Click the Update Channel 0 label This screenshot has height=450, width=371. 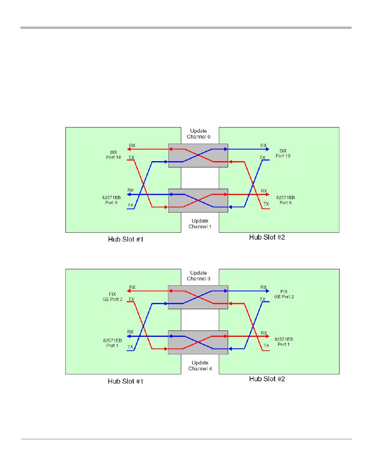[x=198, y=133]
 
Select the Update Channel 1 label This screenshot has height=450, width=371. [x=200, y=224]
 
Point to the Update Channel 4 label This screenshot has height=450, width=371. [x=200, y=365]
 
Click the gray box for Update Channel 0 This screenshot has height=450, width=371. [x=198, y=155]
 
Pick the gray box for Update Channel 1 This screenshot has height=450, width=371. [x=198, y=201]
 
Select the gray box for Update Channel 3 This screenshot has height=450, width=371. [x=198, y=297]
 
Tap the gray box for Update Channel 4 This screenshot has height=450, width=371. [x=198, y=342]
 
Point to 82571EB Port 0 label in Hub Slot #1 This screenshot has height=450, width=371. [x=111, y=200]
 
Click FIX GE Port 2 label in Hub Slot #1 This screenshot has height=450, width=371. [x=111, y=297]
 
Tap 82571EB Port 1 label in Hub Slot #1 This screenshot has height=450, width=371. [x=111, y=342]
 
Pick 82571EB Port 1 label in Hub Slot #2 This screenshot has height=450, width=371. [x=284, y=342]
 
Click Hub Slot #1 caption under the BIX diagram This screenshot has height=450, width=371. [x=125, y=239]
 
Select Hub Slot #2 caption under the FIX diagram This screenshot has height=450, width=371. [x=267, y=379]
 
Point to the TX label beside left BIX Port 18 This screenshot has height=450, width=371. [x=131, y=157]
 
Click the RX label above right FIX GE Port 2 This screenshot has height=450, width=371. [x=264, y=287]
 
